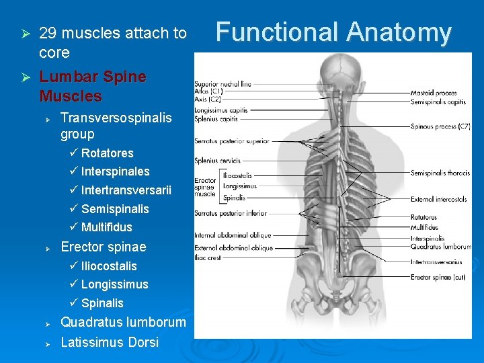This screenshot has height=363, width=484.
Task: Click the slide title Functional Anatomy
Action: (x=333, y=32)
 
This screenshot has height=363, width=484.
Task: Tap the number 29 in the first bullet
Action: (x=47, y=33)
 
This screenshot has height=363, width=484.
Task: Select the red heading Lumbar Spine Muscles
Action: (x=93, y=86)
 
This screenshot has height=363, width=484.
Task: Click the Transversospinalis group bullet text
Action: (x=116, y=126)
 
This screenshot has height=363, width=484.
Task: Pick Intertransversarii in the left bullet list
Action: (x=126, y=190)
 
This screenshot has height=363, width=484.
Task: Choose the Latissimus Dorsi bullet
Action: (x=110, y=342)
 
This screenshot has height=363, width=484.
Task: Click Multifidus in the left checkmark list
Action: (x=107, y=227)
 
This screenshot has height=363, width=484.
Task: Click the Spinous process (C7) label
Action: (x=440, y=126)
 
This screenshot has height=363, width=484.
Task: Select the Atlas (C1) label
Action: (x=208, y=91)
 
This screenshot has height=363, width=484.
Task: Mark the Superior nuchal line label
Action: (x=223, y=84)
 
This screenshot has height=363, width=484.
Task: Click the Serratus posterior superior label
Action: (x=232, y=141)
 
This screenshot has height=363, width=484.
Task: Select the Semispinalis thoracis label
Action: (x=440, y=173)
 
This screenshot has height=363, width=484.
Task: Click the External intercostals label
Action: (x=440, y=200)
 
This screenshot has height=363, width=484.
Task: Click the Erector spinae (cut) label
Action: (x=438, y=277)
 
